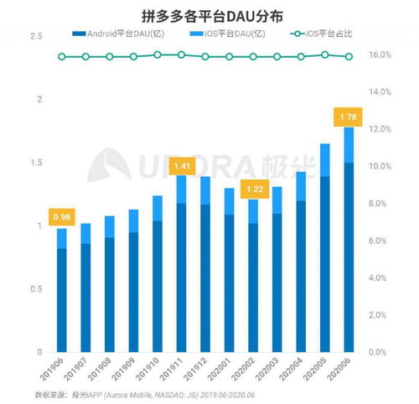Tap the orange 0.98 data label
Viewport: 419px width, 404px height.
point(62,217)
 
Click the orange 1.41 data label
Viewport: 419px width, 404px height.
point(182,166)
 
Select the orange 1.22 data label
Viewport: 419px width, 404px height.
point(254,189)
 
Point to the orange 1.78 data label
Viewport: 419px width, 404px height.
point(349,116)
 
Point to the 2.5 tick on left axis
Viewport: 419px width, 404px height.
point(35,37)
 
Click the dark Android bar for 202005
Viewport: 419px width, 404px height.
point(325,264)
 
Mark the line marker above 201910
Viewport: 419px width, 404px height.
point(158,54)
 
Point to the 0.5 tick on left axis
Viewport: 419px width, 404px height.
point(35,289)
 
